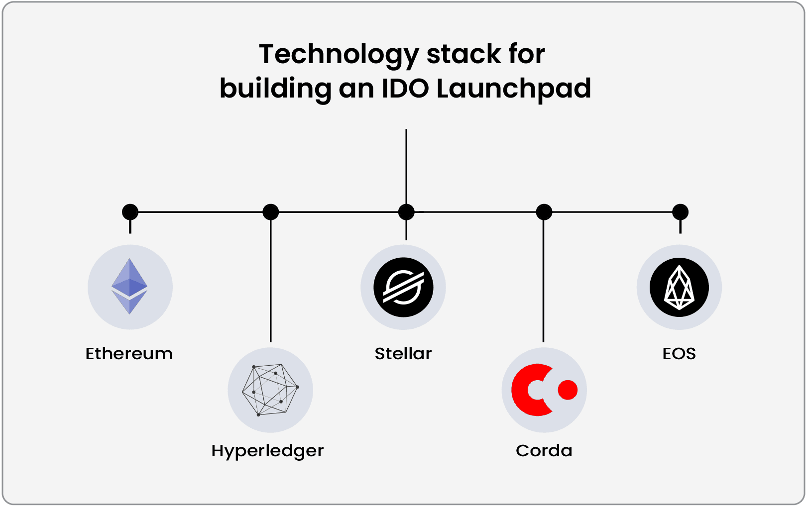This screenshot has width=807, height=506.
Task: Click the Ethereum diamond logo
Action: [x=129, y=286]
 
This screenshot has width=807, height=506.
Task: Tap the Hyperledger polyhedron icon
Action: [x=270, y=390]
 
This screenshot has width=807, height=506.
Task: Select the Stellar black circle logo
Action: [x=403, y=287]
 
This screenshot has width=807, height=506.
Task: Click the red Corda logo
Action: [x=544, y=390]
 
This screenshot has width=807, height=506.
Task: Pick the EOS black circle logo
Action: [x=679, y=287]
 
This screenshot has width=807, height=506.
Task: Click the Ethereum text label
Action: [x=129, y=354]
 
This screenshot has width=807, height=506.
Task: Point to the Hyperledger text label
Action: [x=267, y=451]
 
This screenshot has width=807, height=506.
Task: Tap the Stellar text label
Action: [x=403, y=354]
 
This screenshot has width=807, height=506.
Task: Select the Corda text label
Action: [x=544, y=451]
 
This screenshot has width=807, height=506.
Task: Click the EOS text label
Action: [x=679, y=354]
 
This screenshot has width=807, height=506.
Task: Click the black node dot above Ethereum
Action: [x=130, y=212]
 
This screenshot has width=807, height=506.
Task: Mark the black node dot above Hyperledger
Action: [x=270, y=212]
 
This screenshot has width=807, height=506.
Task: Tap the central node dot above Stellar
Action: [x=406, y=212]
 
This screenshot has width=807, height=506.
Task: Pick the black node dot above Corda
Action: [x=544, y=212]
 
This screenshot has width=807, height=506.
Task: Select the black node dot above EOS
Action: [x=680, y=212]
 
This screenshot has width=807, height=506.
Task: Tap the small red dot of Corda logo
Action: [x=568, y=390]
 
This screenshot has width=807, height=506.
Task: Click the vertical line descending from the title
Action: [x=406, y=167]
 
